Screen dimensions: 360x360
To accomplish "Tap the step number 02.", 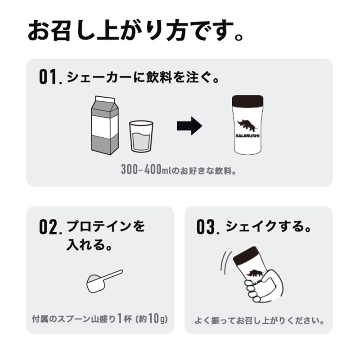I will click(x=50, y=227).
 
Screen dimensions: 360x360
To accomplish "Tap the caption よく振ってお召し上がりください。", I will click(x=260, y=321).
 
